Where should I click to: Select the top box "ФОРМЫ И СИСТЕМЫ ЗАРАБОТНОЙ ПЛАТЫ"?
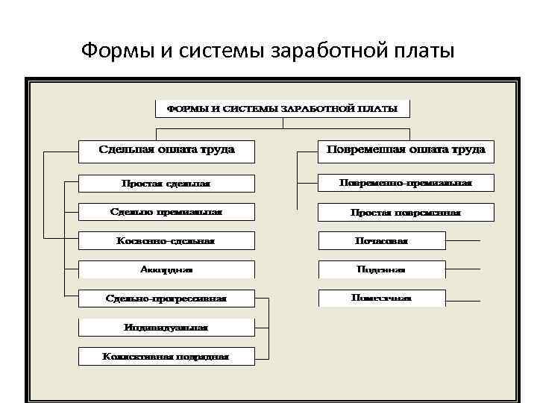282,109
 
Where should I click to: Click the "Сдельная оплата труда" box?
166,150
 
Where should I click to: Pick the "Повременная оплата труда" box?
406,150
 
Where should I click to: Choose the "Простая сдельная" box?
166,184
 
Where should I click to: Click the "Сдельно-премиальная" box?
166,212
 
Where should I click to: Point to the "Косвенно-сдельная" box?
166,241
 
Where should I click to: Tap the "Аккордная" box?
166,269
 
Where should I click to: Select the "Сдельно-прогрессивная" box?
166,299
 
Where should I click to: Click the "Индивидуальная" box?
166,327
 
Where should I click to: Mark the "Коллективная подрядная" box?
166,356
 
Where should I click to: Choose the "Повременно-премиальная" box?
406,183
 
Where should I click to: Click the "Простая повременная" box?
406,212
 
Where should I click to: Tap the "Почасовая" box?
381,241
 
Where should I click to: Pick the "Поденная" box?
381,269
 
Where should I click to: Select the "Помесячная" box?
381,298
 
